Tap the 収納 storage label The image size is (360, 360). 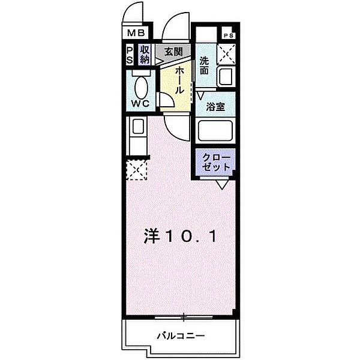click(145, 55)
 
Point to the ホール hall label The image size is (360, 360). click(178, 79)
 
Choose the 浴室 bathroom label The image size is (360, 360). click(215, 108)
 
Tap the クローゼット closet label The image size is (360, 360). click(215, 163)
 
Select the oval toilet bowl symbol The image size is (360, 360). click(142, 88)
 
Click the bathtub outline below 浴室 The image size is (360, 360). click(215, 131)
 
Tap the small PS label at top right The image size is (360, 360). click(227, 35)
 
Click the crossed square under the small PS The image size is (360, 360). click(226, 55)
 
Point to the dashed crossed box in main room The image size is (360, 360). click(137, 171)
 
